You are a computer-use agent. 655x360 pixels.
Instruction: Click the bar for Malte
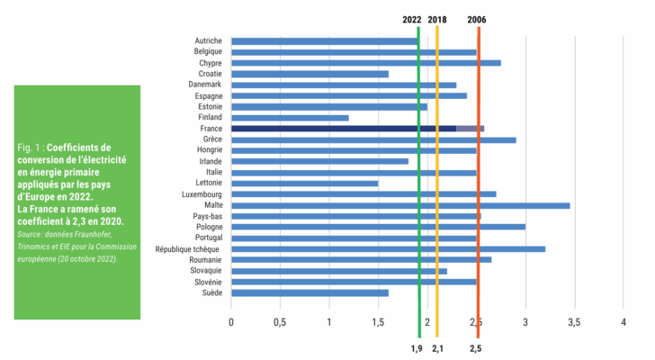point(400,205)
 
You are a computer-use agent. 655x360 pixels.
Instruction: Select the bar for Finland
point(290,118)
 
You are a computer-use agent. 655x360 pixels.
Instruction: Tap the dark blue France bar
point(344,129)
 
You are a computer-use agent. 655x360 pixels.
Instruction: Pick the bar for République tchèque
point(388,249)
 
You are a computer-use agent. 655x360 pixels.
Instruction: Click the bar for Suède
point(310,292)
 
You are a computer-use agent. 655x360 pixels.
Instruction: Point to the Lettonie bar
point(304,184)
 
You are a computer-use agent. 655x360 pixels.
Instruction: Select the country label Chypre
point(210,63)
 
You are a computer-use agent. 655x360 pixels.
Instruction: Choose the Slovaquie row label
point(203,271)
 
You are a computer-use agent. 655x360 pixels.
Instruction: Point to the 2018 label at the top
point(437,18)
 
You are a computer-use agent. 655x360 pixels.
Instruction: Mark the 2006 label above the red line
point(478,18)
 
